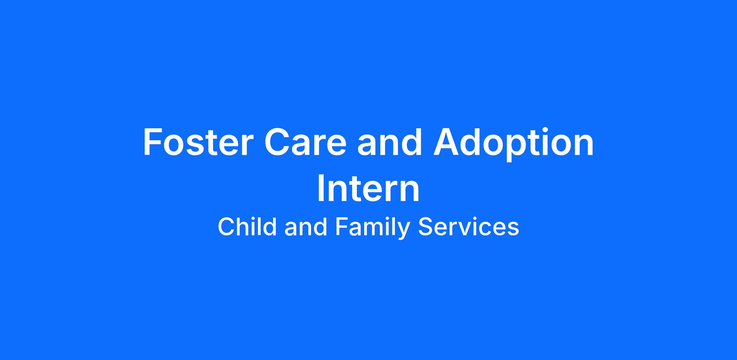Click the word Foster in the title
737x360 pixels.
198,142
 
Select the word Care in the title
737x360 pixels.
305,142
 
